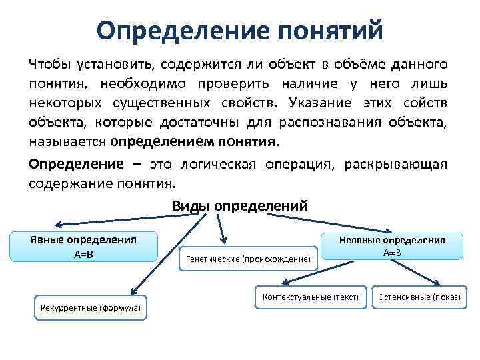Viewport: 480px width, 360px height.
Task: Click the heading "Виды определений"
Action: click(240, 205)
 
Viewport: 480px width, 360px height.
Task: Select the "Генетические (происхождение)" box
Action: click(249, 259)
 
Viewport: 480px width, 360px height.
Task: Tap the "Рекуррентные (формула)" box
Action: click(91, 307)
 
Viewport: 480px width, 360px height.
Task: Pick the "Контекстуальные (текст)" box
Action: click(311, 296)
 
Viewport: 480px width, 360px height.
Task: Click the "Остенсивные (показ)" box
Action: click(419, 296)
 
